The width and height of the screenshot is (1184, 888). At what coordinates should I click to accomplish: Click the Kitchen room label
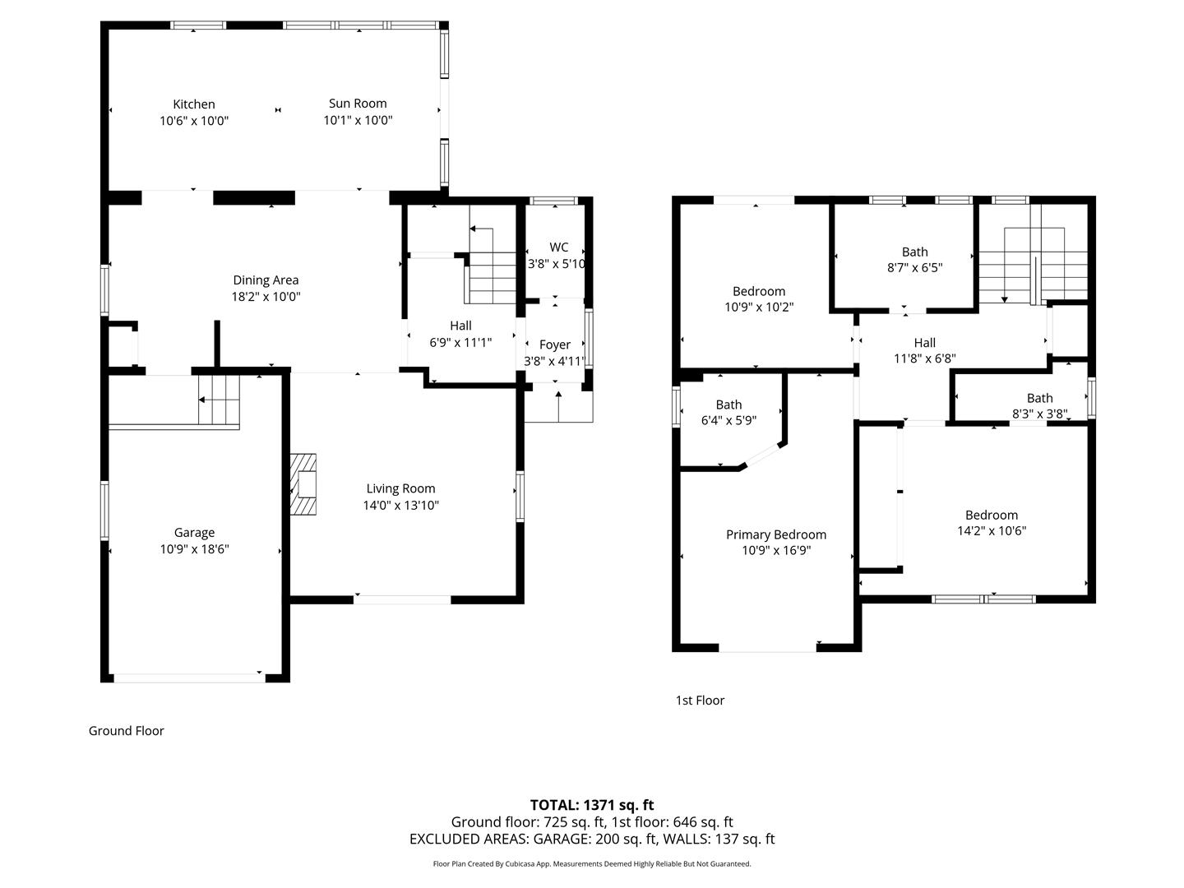click(x=194, y=104)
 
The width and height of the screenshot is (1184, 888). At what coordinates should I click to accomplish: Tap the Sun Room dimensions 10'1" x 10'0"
click(x=358, y=120)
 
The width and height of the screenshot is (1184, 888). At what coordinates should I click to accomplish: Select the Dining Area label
click(x=266, y=280)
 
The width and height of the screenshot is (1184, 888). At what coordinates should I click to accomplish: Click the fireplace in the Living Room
click(x=303, y=484)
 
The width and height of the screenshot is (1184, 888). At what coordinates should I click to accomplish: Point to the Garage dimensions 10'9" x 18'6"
click(x=194, y=549)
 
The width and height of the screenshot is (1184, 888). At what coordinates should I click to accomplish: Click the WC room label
click(x=558, y=247)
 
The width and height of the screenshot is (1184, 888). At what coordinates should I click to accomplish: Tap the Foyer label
click(x=554, y=345)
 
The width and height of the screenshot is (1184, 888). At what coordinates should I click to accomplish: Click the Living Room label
click(x=400, y=488)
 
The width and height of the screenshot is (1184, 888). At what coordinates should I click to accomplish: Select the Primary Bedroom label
click(x=775, y=534)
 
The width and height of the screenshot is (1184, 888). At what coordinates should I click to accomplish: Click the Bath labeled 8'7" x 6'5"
click(x=914, y=252)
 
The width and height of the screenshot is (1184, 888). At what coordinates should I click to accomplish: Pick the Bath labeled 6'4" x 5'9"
click(x=728, y=405)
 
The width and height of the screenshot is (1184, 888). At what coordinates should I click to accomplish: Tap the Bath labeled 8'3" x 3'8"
click(x=1039, y=399)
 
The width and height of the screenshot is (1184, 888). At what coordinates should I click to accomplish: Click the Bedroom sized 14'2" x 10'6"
click(x=992, y=516)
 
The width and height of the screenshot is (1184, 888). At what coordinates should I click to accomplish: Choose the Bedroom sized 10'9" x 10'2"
click(x=758, y=291)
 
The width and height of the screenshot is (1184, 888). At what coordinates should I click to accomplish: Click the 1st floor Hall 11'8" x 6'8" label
click(x=924, y=343)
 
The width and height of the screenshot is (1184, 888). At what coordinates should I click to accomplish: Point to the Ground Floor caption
click(x=126, y=731)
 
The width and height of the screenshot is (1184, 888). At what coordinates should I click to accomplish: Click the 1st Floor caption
click(x=700, y=701)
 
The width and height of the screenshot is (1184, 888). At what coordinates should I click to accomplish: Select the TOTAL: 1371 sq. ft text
click(x=591, y=805)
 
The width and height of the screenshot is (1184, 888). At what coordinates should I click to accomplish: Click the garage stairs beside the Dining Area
click(x=219, y=400)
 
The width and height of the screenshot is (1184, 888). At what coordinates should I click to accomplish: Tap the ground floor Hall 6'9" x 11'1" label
click(x=460, y=326)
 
